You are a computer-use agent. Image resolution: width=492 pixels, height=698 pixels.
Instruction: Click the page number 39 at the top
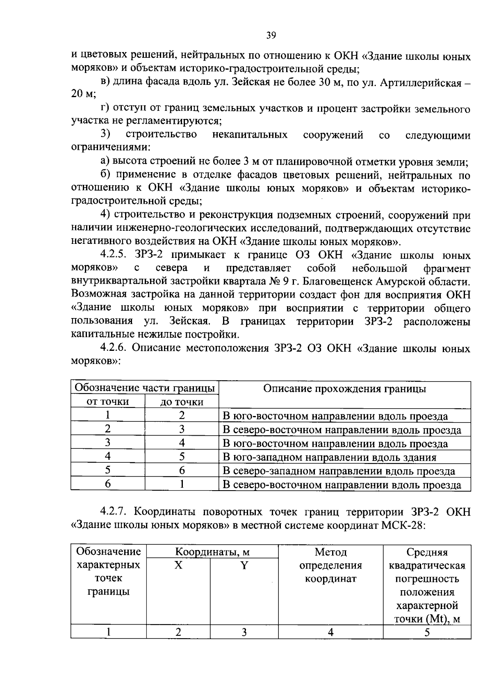271,35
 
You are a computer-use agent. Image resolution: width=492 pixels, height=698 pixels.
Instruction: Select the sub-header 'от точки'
108,402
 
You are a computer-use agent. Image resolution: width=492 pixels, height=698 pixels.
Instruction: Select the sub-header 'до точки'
182,402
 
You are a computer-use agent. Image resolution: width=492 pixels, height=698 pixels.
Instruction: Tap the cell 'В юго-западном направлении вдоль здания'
329,457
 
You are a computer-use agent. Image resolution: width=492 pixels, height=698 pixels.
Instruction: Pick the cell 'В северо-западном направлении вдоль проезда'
339,471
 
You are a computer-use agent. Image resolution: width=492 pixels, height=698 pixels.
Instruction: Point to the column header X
178,566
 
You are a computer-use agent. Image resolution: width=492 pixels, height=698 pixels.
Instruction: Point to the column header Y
244,566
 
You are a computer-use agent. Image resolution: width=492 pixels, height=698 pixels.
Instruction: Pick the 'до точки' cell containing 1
182,484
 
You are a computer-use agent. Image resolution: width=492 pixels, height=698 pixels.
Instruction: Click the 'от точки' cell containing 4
108,457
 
